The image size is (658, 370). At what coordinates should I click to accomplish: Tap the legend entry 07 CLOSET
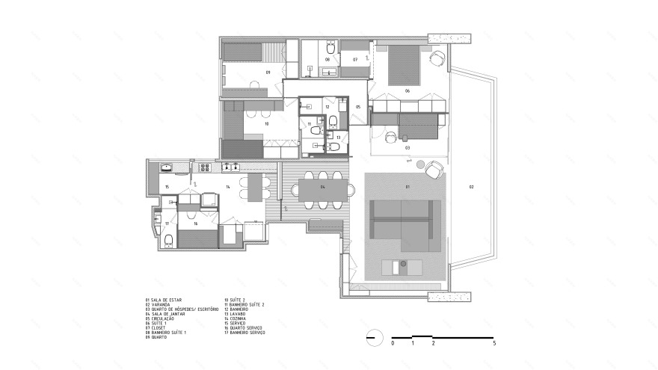[157, 327]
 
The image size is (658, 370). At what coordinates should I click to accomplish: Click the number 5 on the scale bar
[494, 343]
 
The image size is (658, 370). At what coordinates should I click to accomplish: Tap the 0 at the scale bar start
[393, 343]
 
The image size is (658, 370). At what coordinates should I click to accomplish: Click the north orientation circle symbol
[372, 337]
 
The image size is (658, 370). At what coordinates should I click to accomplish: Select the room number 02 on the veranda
[472, 185]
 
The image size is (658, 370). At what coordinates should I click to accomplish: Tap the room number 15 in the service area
[167, 186]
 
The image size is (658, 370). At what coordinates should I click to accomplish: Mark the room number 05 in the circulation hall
[358, 107]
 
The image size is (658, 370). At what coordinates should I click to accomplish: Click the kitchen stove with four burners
[232, 166]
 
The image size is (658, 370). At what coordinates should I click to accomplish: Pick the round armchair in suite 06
[439, 58]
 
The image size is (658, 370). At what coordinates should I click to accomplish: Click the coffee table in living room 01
[402, 265]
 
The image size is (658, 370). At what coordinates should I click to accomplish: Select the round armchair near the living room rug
[433, 171]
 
